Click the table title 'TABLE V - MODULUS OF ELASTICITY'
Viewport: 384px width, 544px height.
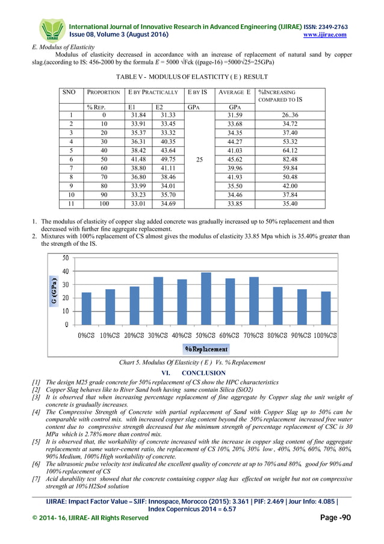coord(191,78)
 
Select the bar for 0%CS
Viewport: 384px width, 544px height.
coord(87,308)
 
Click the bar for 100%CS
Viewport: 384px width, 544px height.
coord(326,308)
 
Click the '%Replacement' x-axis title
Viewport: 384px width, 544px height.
coord(206,349)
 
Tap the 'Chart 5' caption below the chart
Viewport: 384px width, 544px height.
coord(193,363)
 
